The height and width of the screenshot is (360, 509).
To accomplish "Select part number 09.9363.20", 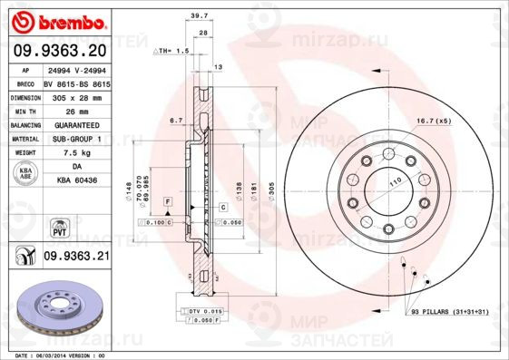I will [x=59, y=53].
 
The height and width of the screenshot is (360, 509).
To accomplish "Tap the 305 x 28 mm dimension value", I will [x=75, y=95].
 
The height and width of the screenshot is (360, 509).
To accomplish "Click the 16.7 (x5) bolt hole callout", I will [x=433, y=120].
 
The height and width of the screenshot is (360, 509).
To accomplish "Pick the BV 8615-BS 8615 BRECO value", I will [x=75, y=81].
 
